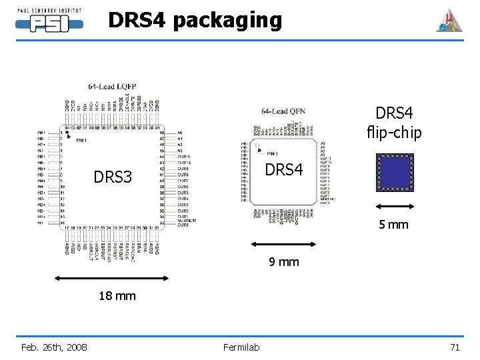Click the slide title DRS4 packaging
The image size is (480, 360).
[195, 21]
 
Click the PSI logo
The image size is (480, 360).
[50, 22]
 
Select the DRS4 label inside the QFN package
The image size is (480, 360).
[285, 170]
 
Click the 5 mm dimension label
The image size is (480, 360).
[394, 224]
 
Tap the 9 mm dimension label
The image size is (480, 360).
[284, 262]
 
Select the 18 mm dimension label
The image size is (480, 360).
[117, 295]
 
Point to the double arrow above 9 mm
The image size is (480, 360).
[285, 245]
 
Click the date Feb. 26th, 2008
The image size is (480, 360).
[54, 347]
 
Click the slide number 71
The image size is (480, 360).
[455, 347]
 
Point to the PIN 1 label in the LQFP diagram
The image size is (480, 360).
[81, 141]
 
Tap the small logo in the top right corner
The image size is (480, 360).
[449, 21]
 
